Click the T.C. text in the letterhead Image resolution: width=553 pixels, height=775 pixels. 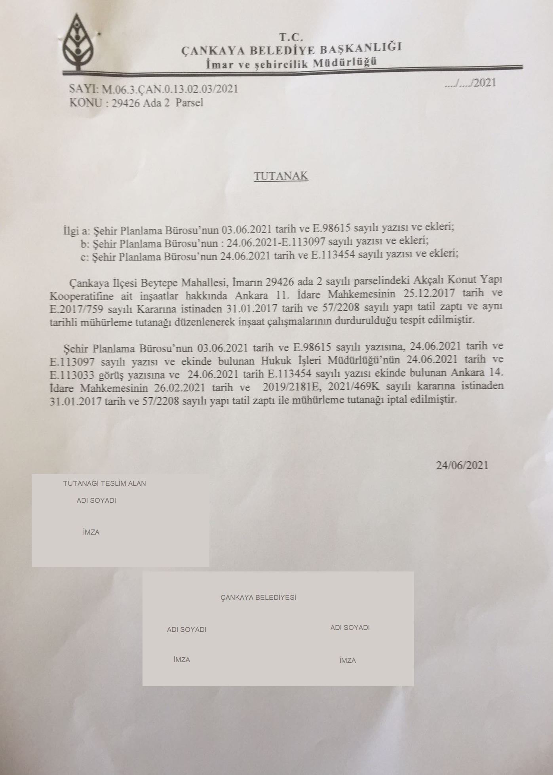tap(291, 37)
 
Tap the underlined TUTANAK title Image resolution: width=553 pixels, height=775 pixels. tap(281, 176)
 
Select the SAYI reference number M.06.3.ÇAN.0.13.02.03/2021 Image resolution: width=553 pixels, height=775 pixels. tap(170, 89)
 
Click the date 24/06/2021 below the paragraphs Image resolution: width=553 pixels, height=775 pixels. tap(462, 465)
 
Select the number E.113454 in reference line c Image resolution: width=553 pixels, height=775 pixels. tap(333, 255)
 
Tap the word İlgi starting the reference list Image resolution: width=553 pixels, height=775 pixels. tap(71, 230)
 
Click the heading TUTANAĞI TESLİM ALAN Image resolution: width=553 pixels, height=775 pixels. tap(105, 484)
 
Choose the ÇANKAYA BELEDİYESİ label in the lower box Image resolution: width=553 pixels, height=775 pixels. tap(258, 598)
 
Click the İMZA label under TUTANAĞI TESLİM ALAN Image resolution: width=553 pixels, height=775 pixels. tap(91, 532)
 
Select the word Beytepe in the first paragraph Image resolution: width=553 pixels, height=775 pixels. tap(160, 283)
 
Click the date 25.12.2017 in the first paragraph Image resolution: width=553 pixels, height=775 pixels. tap(429, 294)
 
